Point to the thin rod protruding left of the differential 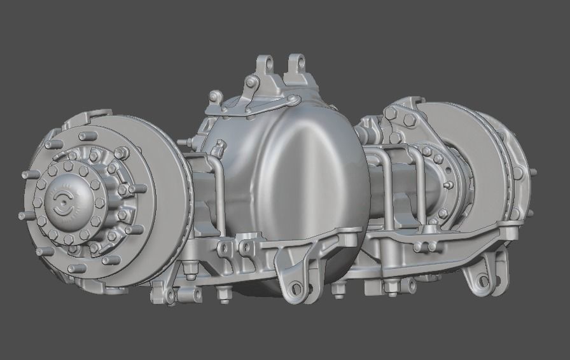pyautogui.click(x=184, y=141)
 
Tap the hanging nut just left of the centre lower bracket pyautogui.click(x=223, y=293)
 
